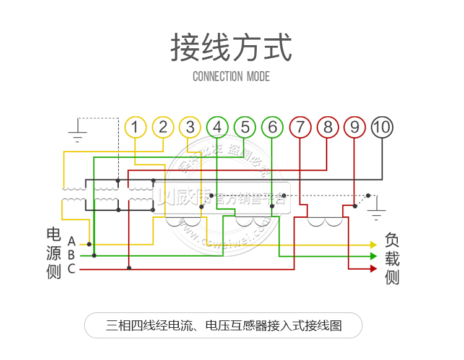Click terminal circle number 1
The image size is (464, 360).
pyautogui.click(x=135, y=127)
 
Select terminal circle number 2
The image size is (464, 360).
pyautogui.click(x=163, y=127)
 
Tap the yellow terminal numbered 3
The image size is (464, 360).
pyautogui.click(x=190, y=127)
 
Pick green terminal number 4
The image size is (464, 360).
pyautogui.click(x=217, y=127)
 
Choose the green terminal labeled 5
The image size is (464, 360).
pyautogui.click(x=245, y=127)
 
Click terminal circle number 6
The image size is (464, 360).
pyautogui.click(x=272, y=127)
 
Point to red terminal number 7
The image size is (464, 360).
pyautogui.click(x=300, y=127)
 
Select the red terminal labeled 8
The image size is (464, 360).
pyautogui.click(x=327, y=127)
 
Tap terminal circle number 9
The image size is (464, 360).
pyautogui.click(x=354, y=127)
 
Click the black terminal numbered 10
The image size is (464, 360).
pyautogui.click(x=382, y=127)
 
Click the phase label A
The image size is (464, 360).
pyautogui.click(x=72, y=241)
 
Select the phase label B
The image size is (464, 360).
pyautogui.click(x=72, y=255)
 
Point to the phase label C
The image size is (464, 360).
pyautogui.click(x=72, y=268)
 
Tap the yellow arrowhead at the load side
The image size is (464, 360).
pyautogui.click(x=373, y=244)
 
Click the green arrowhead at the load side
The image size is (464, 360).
pyautogui.click(x=373, y=255)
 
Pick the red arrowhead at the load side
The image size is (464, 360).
pyautogui.click(x=373, y=268)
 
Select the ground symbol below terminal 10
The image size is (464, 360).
pyautogui.click(x=376, y=215)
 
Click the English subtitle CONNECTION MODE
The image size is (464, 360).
pyautogui.click(x=231, y=77)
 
